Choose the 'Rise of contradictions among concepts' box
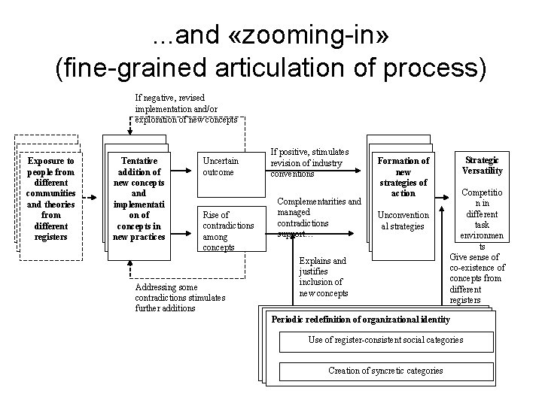tap(229, 231)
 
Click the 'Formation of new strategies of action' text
tap(403, 177)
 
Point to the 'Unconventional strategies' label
tap(403, 220)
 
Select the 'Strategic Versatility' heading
tap(483, 165)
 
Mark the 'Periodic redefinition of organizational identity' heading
tap(360, 320)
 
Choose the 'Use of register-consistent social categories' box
tap(385, 341)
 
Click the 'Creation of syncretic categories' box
tap(385, 371)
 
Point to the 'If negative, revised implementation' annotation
tap(186, 108)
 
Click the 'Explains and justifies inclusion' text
tap(323, 276)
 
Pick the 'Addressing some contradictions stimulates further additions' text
tap(179, 298)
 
